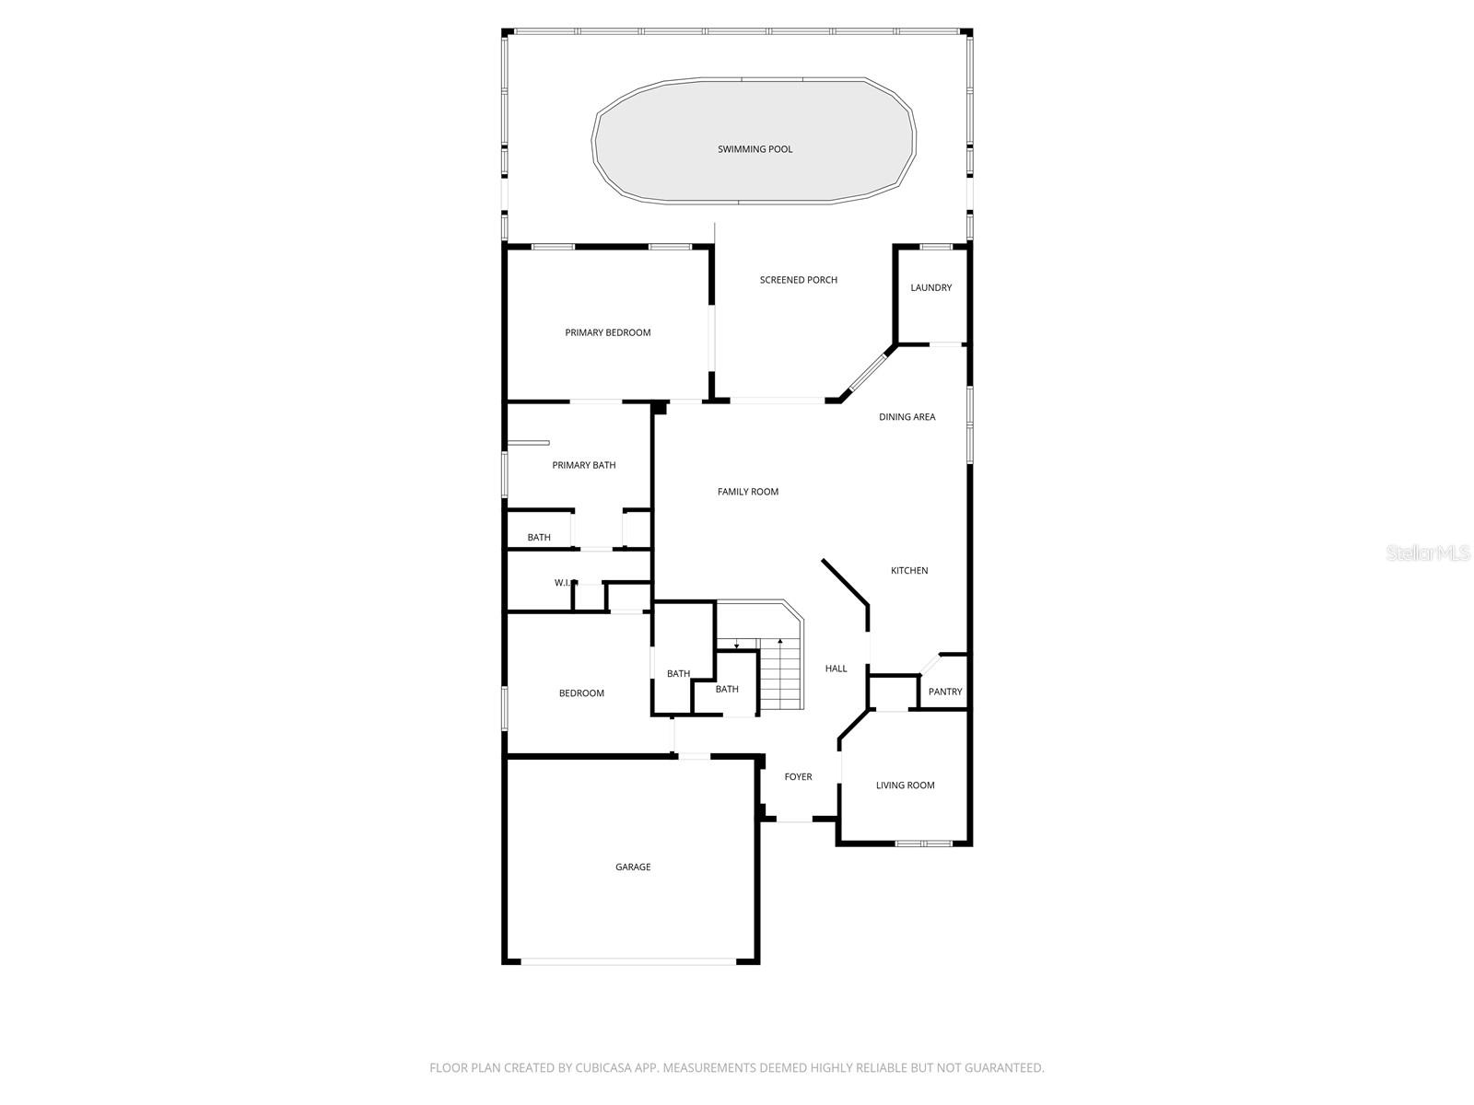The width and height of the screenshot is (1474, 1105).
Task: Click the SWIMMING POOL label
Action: pos(755,149)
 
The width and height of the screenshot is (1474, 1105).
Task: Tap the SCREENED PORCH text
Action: pos(798,280)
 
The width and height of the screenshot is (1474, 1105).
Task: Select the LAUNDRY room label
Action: pos(930,287)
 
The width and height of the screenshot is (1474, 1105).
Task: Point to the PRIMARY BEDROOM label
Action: pos(607,332)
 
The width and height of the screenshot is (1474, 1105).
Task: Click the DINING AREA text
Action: pos(907,417)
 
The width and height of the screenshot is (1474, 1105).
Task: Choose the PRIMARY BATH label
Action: pos(583,465)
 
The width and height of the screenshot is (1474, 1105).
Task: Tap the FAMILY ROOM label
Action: pos(747,492)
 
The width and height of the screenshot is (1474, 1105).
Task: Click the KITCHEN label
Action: pos(908,571)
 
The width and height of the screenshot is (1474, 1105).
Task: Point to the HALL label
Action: pos(836,669)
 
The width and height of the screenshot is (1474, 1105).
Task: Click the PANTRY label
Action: pos(944,692)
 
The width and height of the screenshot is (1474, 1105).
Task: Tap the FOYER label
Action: pos(798,777)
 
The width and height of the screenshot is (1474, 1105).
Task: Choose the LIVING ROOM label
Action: pos(905,785)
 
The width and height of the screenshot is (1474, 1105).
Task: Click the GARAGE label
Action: pos(633,867)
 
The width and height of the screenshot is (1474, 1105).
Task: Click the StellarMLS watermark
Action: pos(1427,553)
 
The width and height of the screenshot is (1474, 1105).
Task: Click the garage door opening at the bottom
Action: pos(629,961)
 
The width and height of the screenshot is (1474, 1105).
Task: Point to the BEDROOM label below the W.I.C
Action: pos(581,693)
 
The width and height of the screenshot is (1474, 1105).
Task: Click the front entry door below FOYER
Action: pos(794,819)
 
